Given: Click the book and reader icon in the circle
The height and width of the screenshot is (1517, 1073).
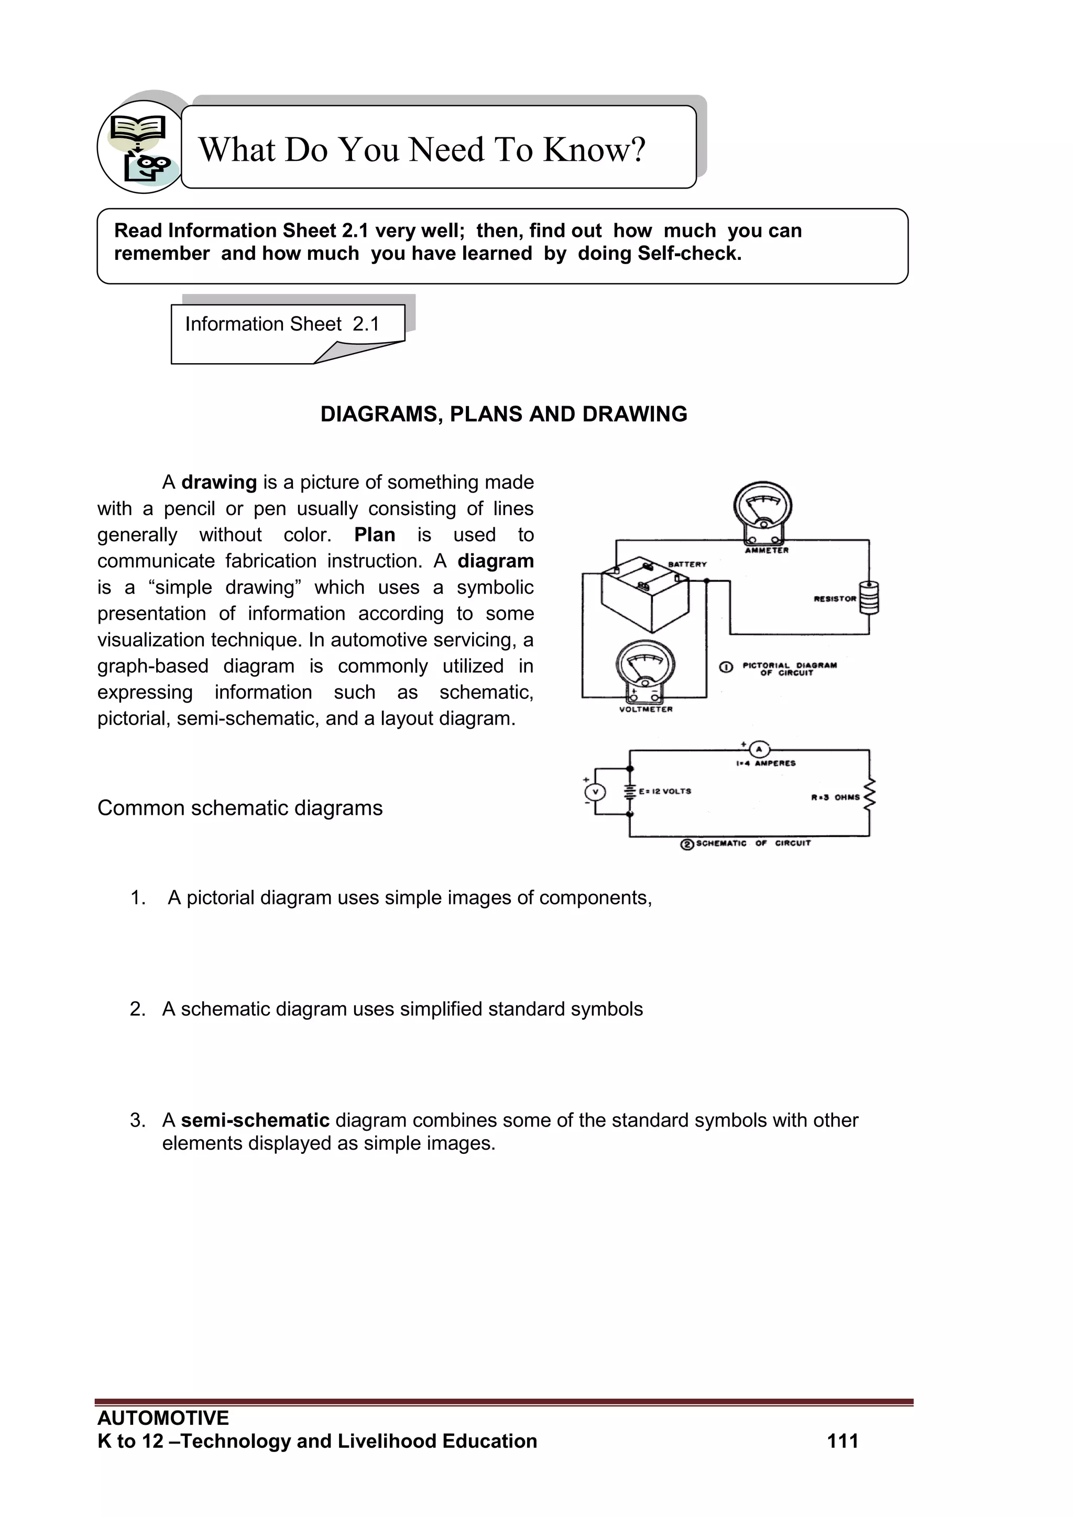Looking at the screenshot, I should tap(140, 147).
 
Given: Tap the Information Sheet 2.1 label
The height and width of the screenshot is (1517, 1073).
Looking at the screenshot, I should tap(282, 324).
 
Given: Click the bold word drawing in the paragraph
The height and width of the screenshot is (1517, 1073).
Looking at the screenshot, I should tap(218, 482).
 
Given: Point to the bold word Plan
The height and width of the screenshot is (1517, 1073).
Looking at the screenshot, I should tap(375, 534).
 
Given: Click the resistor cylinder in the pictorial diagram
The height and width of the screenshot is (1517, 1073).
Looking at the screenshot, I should tap(869, 597).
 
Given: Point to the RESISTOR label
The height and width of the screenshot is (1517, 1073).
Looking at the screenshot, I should tap(835, 598).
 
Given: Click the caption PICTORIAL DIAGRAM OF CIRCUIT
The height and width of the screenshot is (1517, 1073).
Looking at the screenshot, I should tap(789, 669).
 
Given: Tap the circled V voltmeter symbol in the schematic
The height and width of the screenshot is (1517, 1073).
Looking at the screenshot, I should tap(595, 792).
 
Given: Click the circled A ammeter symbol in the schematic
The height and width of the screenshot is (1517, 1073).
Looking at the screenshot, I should tap(759, 749).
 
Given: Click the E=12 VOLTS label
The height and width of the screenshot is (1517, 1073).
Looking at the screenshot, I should tap(665, 791).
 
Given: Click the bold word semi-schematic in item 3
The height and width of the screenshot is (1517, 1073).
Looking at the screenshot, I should tap(255, 1120).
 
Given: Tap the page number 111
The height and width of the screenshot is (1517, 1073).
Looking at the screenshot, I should tap(842, 1440).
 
